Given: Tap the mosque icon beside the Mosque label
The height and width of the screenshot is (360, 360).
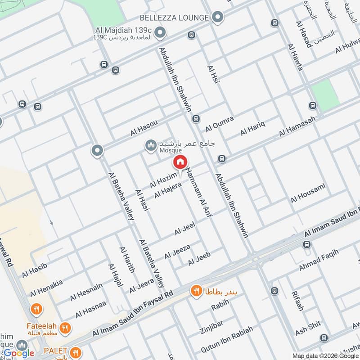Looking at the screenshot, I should [149, 145].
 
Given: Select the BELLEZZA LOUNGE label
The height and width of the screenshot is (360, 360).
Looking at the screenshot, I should [174, 18].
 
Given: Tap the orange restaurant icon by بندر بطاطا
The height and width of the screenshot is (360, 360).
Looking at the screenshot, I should [196, 291].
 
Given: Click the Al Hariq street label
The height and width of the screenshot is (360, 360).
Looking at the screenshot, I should [253, 127].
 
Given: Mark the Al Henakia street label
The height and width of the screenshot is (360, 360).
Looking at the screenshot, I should [46, 288].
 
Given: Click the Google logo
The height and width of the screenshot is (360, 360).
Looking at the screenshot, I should [19, 353].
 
